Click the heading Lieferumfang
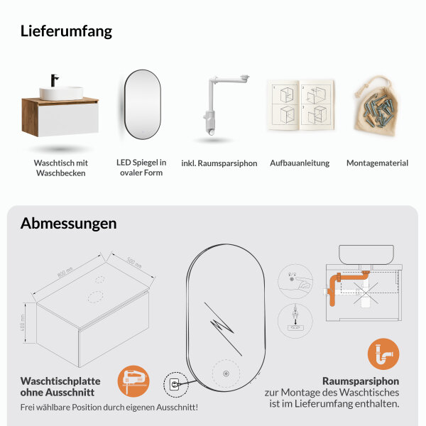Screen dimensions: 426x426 click(66, 31)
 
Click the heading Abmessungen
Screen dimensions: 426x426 click(69, 223)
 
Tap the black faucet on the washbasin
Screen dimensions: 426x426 click(54, 82)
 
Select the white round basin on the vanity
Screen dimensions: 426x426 click(61, 93)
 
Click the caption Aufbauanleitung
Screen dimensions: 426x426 click(300, 163)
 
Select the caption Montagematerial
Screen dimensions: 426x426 click(377, 163)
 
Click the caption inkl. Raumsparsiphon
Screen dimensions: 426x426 click(219, 163)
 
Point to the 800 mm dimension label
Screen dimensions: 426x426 click(65, 271)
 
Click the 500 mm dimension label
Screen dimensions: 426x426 click(133, 261)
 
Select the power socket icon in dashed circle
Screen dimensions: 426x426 click(173, 386)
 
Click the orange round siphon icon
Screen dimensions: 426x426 click(383, 354)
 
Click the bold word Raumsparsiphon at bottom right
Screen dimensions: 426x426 click(361, 381)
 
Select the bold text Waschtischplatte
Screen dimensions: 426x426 click(60, 381)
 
